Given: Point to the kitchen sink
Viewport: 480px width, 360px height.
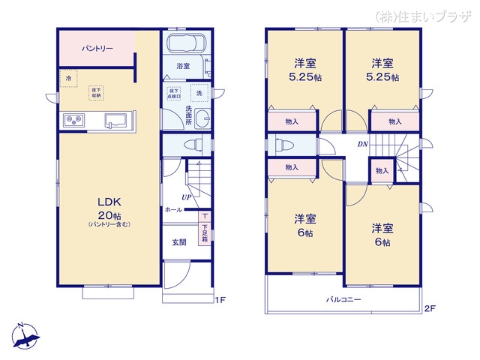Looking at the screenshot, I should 117,120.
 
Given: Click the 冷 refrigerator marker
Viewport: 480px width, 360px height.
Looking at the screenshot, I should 68,78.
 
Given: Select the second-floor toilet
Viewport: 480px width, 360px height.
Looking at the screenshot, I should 280,144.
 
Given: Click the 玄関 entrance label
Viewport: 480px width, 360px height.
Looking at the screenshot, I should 178,241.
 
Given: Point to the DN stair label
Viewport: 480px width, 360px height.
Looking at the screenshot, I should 362,145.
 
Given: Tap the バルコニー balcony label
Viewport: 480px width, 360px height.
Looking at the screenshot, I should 343,299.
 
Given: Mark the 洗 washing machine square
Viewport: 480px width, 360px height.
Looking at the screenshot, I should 199,94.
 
